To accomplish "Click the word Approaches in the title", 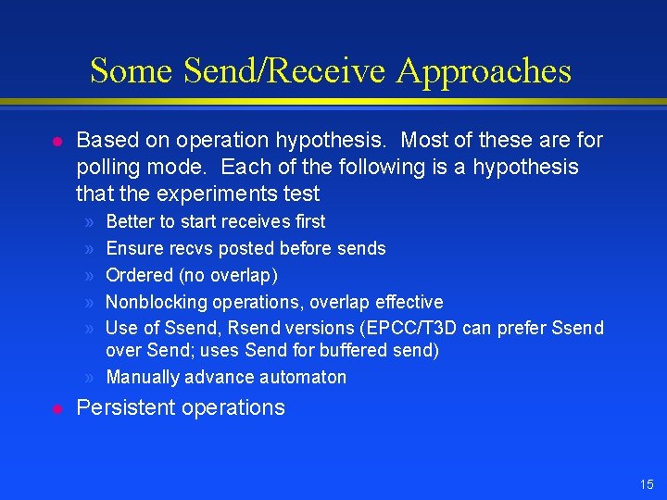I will coord(485,71).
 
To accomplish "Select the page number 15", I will coord(646,484).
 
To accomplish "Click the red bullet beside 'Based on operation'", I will coord(57,141).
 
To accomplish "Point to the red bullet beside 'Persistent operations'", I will coord(57,407).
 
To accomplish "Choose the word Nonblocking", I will coord(157,302).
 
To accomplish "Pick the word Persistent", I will coord(120,407).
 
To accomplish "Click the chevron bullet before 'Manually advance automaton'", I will coord(87,377).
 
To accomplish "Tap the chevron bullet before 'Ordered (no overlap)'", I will coord(87,275).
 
